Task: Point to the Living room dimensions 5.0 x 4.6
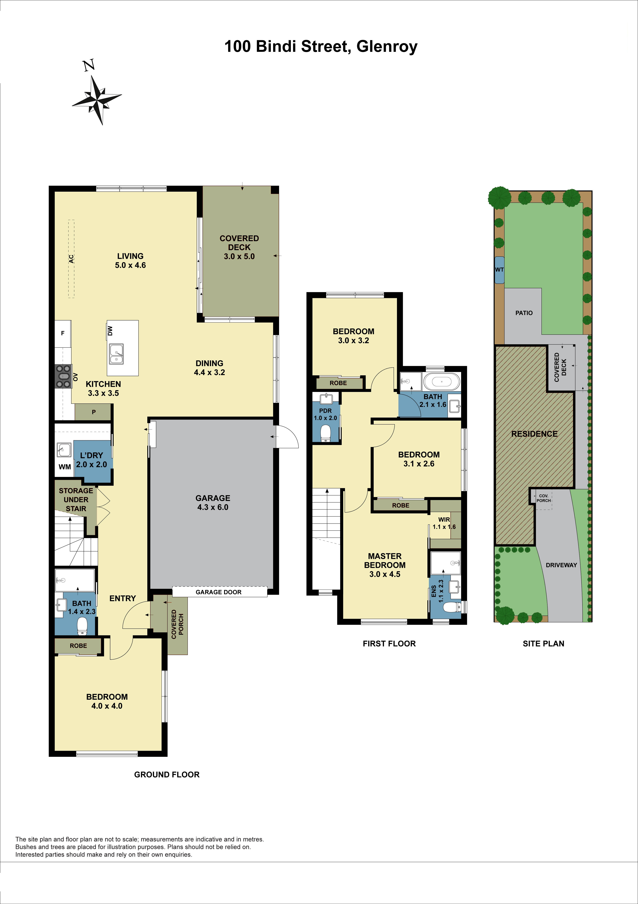[130, 265]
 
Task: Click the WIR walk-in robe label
[444, 519]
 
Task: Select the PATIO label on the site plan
[524, 313]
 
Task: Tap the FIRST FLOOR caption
[389, 643]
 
